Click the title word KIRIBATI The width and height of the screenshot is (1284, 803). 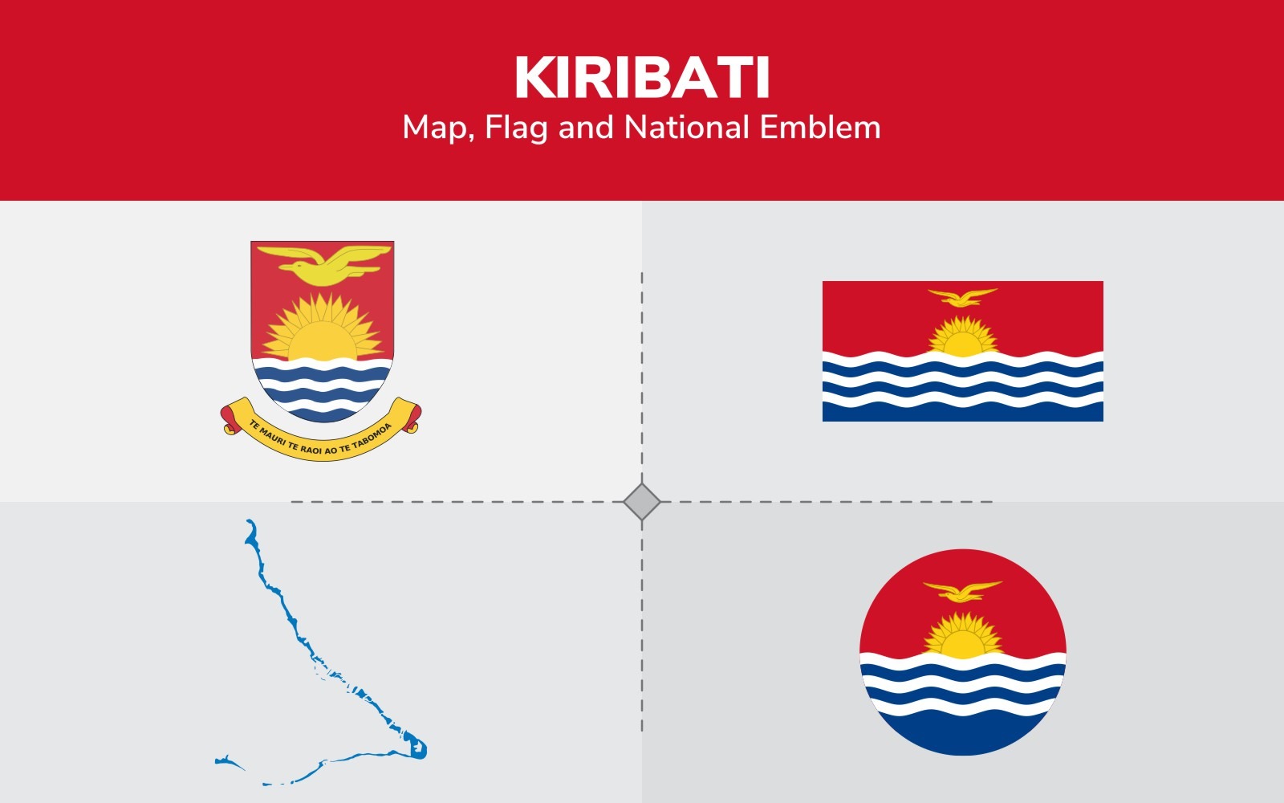point(642,78)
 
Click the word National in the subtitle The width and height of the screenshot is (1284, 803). point(686,128)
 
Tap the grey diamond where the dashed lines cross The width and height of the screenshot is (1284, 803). point(642,502)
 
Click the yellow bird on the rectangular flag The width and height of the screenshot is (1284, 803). point(962,297)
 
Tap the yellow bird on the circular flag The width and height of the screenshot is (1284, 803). point(962,591)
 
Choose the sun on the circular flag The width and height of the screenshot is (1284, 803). point(962,638)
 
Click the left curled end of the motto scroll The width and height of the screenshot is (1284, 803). point(230,419)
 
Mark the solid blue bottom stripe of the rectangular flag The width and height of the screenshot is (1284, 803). point(962,411)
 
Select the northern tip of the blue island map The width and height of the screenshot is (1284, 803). point(250,524)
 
